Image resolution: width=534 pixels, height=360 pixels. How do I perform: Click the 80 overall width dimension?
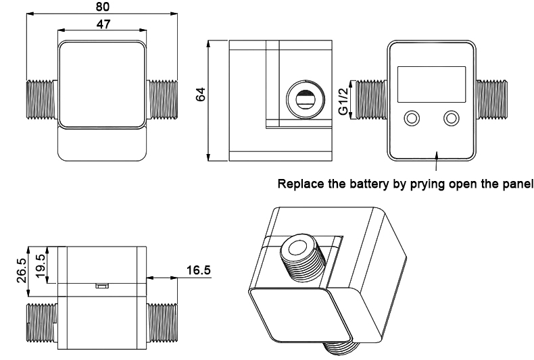pos(101,7)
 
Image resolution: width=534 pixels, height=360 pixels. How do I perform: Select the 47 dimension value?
pos(103,24)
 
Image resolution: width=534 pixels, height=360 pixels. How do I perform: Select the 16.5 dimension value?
pos(197,271)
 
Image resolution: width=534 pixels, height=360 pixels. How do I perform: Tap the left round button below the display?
pos(410,119)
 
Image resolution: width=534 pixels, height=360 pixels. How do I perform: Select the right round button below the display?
pos(451,119)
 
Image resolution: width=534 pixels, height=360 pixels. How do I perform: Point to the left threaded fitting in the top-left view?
pos(42,102)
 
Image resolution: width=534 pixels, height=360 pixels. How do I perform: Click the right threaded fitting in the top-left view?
pos(161,102)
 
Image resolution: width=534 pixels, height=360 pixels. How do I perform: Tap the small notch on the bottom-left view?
pos(101,286)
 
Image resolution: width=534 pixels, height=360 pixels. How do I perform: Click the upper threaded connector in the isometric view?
pos(297,255)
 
